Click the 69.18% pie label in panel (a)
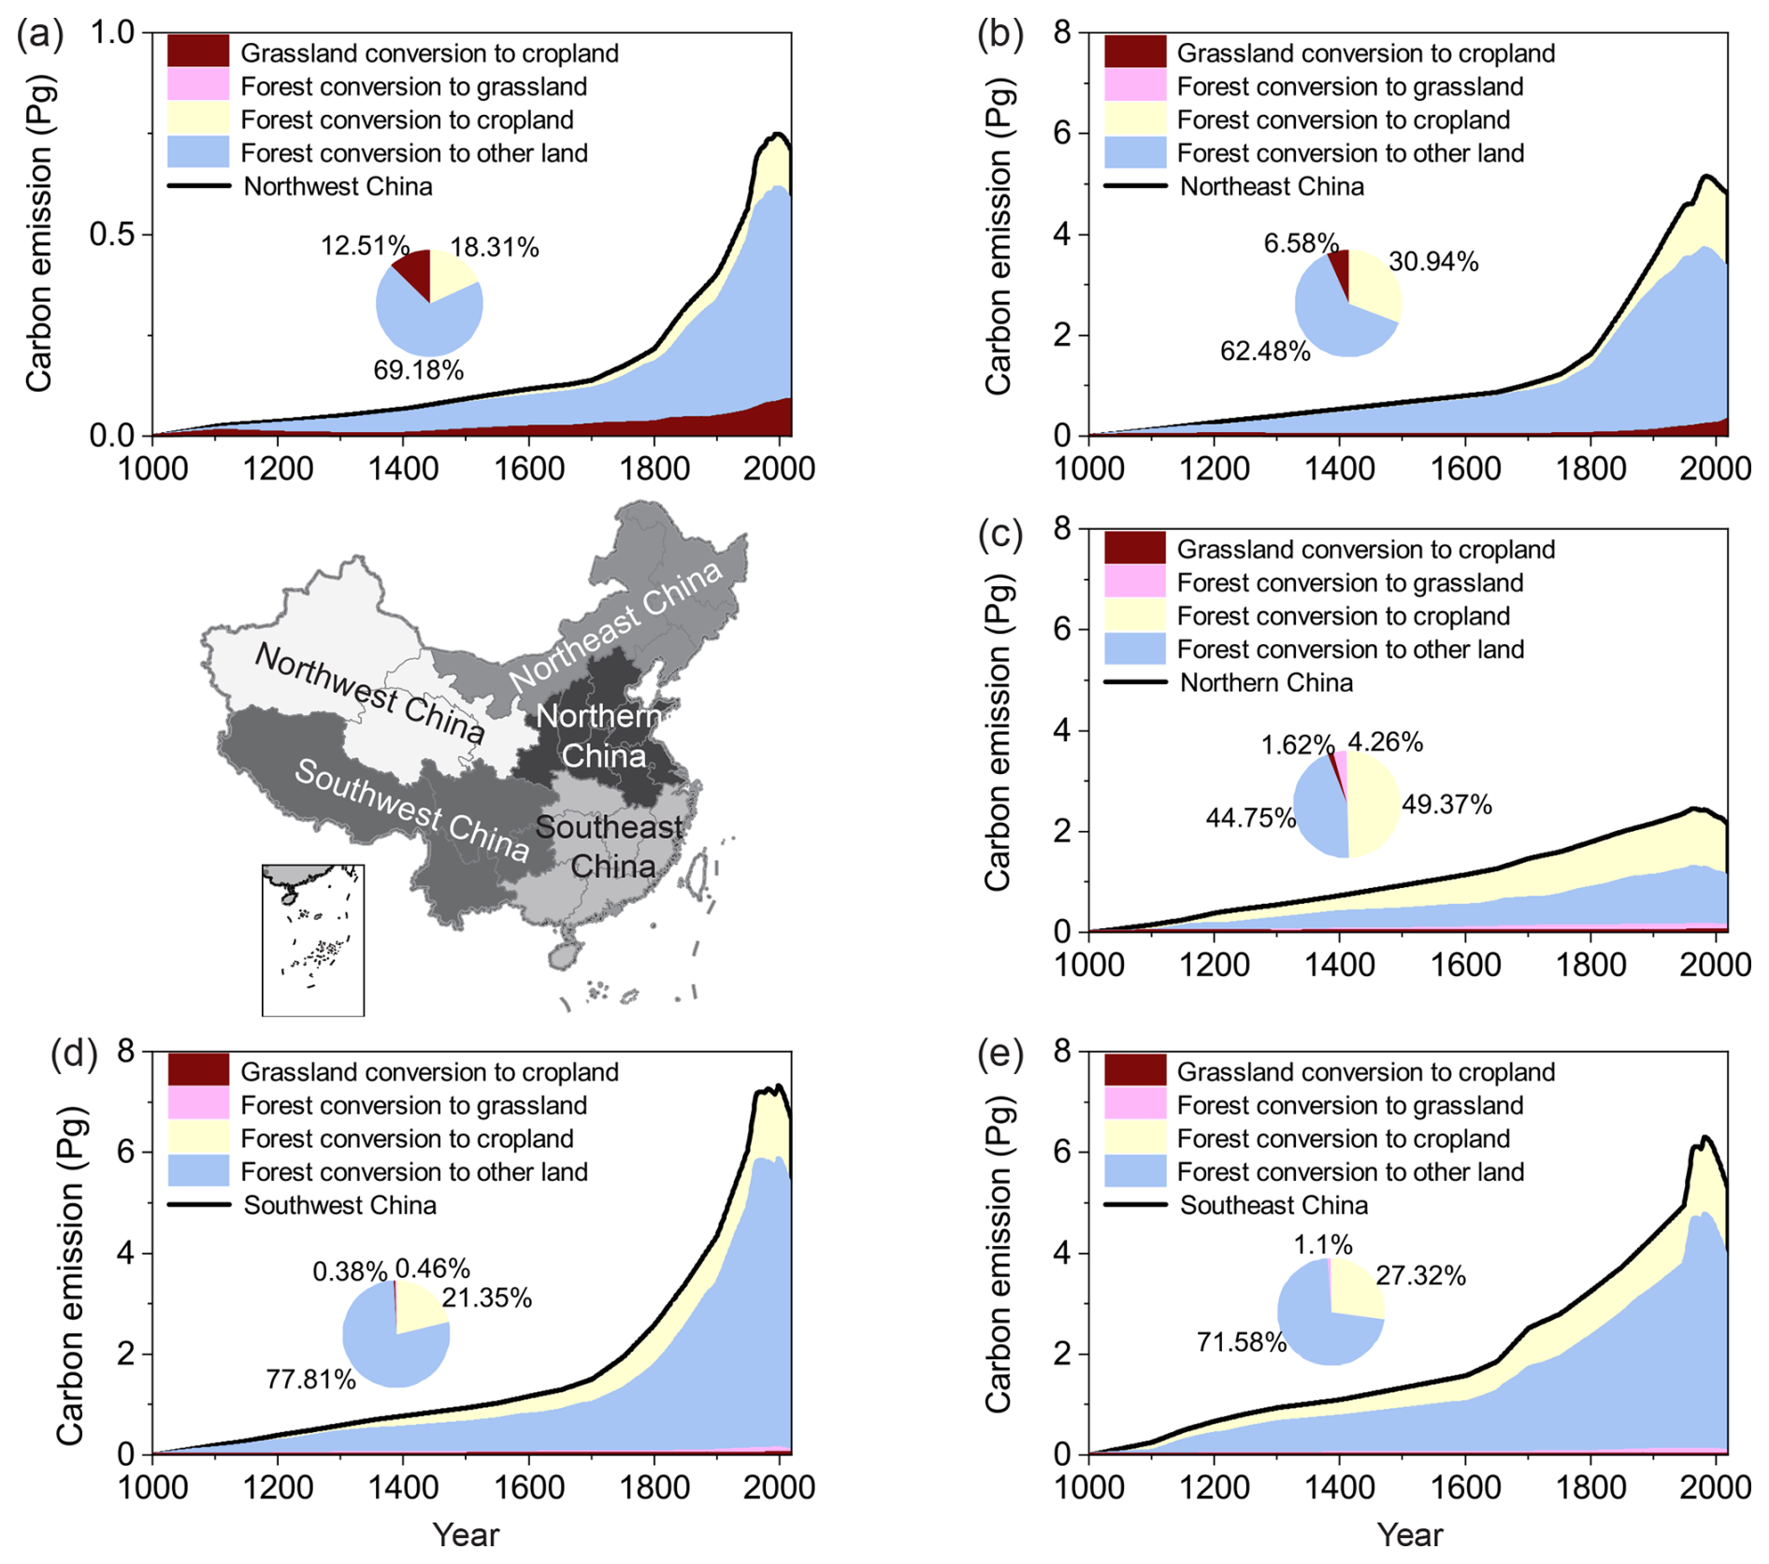click(x=418, y=370)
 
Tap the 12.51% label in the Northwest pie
click(x=365, y=246)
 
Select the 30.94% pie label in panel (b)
click(x=1433, y=262)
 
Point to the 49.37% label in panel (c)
click(x=1446, y=804)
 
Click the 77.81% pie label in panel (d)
click(x=310, y=1379)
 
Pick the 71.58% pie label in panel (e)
click(x=1242, y=1342)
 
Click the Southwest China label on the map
click(x=411, y=809)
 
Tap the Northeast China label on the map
click(x=615, y=625)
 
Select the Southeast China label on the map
click(x=610, y=846)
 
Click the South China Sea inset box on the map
click(x=312, y=940)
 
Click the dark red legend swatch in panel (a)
click(x=198, y=51)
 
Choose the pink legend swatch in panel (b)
click(x=1135, y=86)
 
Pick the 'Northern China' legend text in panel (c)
click(x=1266, y=682)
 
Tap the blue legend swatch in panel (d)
click(x=198, y=1171)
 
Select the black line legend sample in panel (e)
click(x=1135, y=1205)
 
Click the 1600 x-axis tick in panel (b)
click(x=1466, y=468)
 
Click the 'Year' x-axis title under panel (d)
click(x=466, y=1535)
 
